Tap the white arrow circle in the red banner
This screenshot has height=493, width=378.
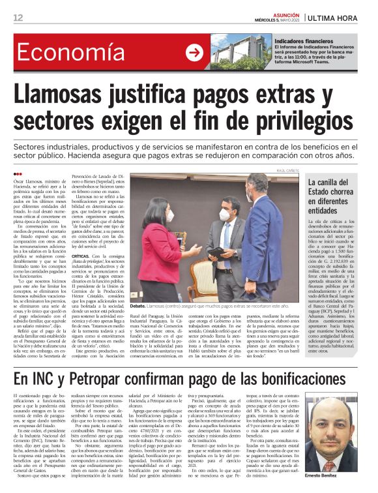(x=194, y=53)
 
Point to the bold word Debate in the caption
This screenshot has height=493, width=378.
(x=138, y=305)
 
